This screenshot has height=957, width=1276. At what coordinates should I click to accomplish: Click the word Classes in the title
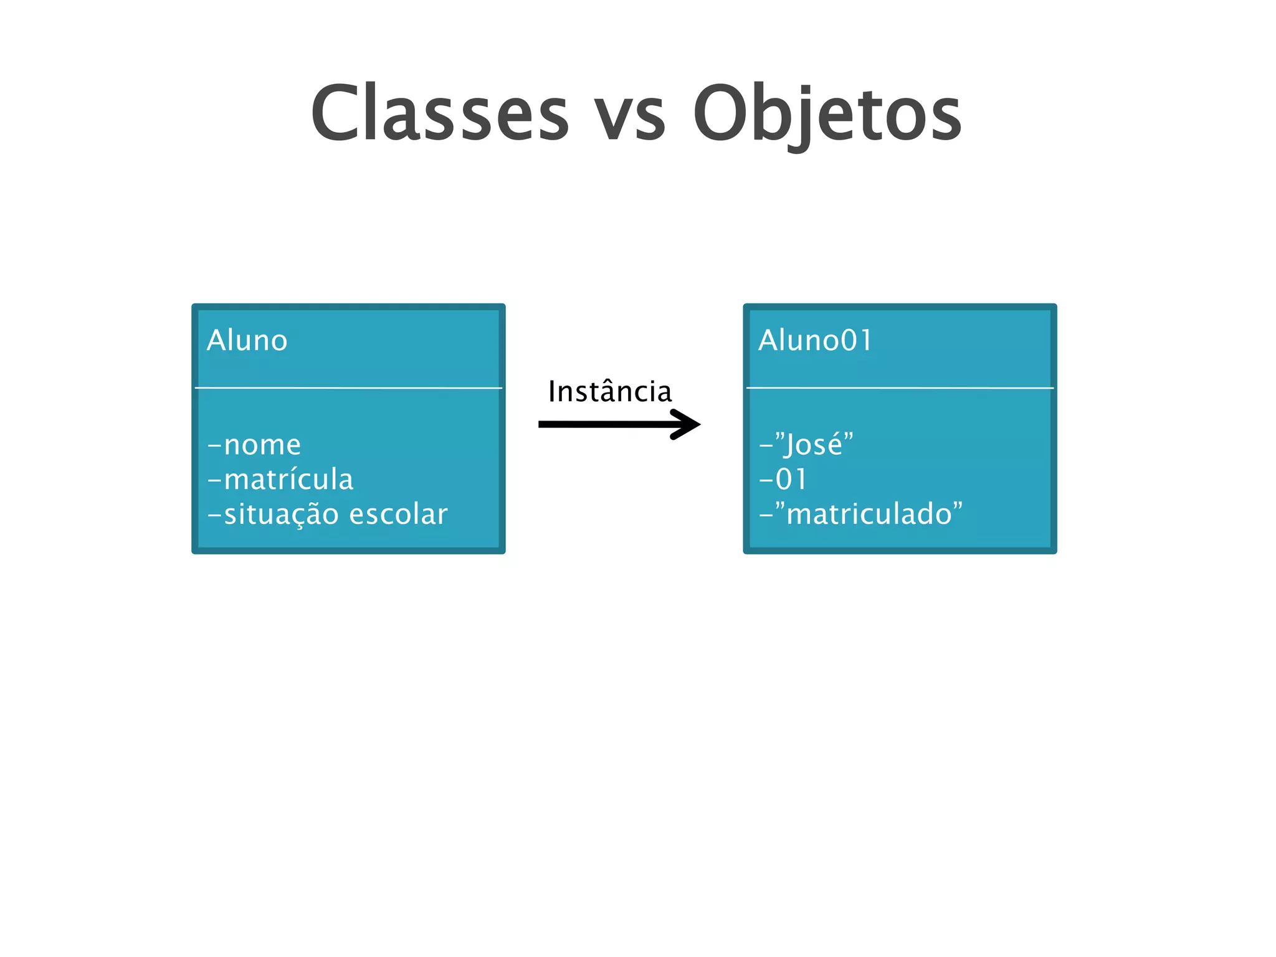440,113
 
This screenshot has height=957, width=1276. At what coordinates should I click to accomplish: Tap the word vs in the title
629,118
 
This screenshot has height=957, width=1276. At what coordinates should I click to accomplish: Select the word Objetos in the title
827,115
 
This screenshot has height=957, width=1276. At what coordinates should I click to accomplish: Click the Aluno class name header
247,341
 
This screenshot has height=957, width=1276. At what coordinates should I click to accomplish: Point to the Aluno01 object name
815,341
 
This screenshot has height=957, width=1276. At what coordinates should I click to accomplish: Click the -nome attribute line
254,445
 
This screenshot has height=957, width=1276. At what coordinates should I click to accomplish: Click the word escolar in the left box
398,515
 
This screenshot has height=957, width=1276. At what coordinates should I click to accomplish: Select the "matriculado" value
868,515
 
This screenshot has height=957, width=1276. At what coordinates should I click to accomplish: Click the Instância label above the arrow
610,392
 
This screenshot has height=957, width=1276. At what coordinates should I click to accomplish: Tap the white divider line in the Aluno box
348,388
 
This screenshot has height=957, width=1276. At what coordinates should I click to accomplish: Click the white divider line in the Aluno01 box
900,388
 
